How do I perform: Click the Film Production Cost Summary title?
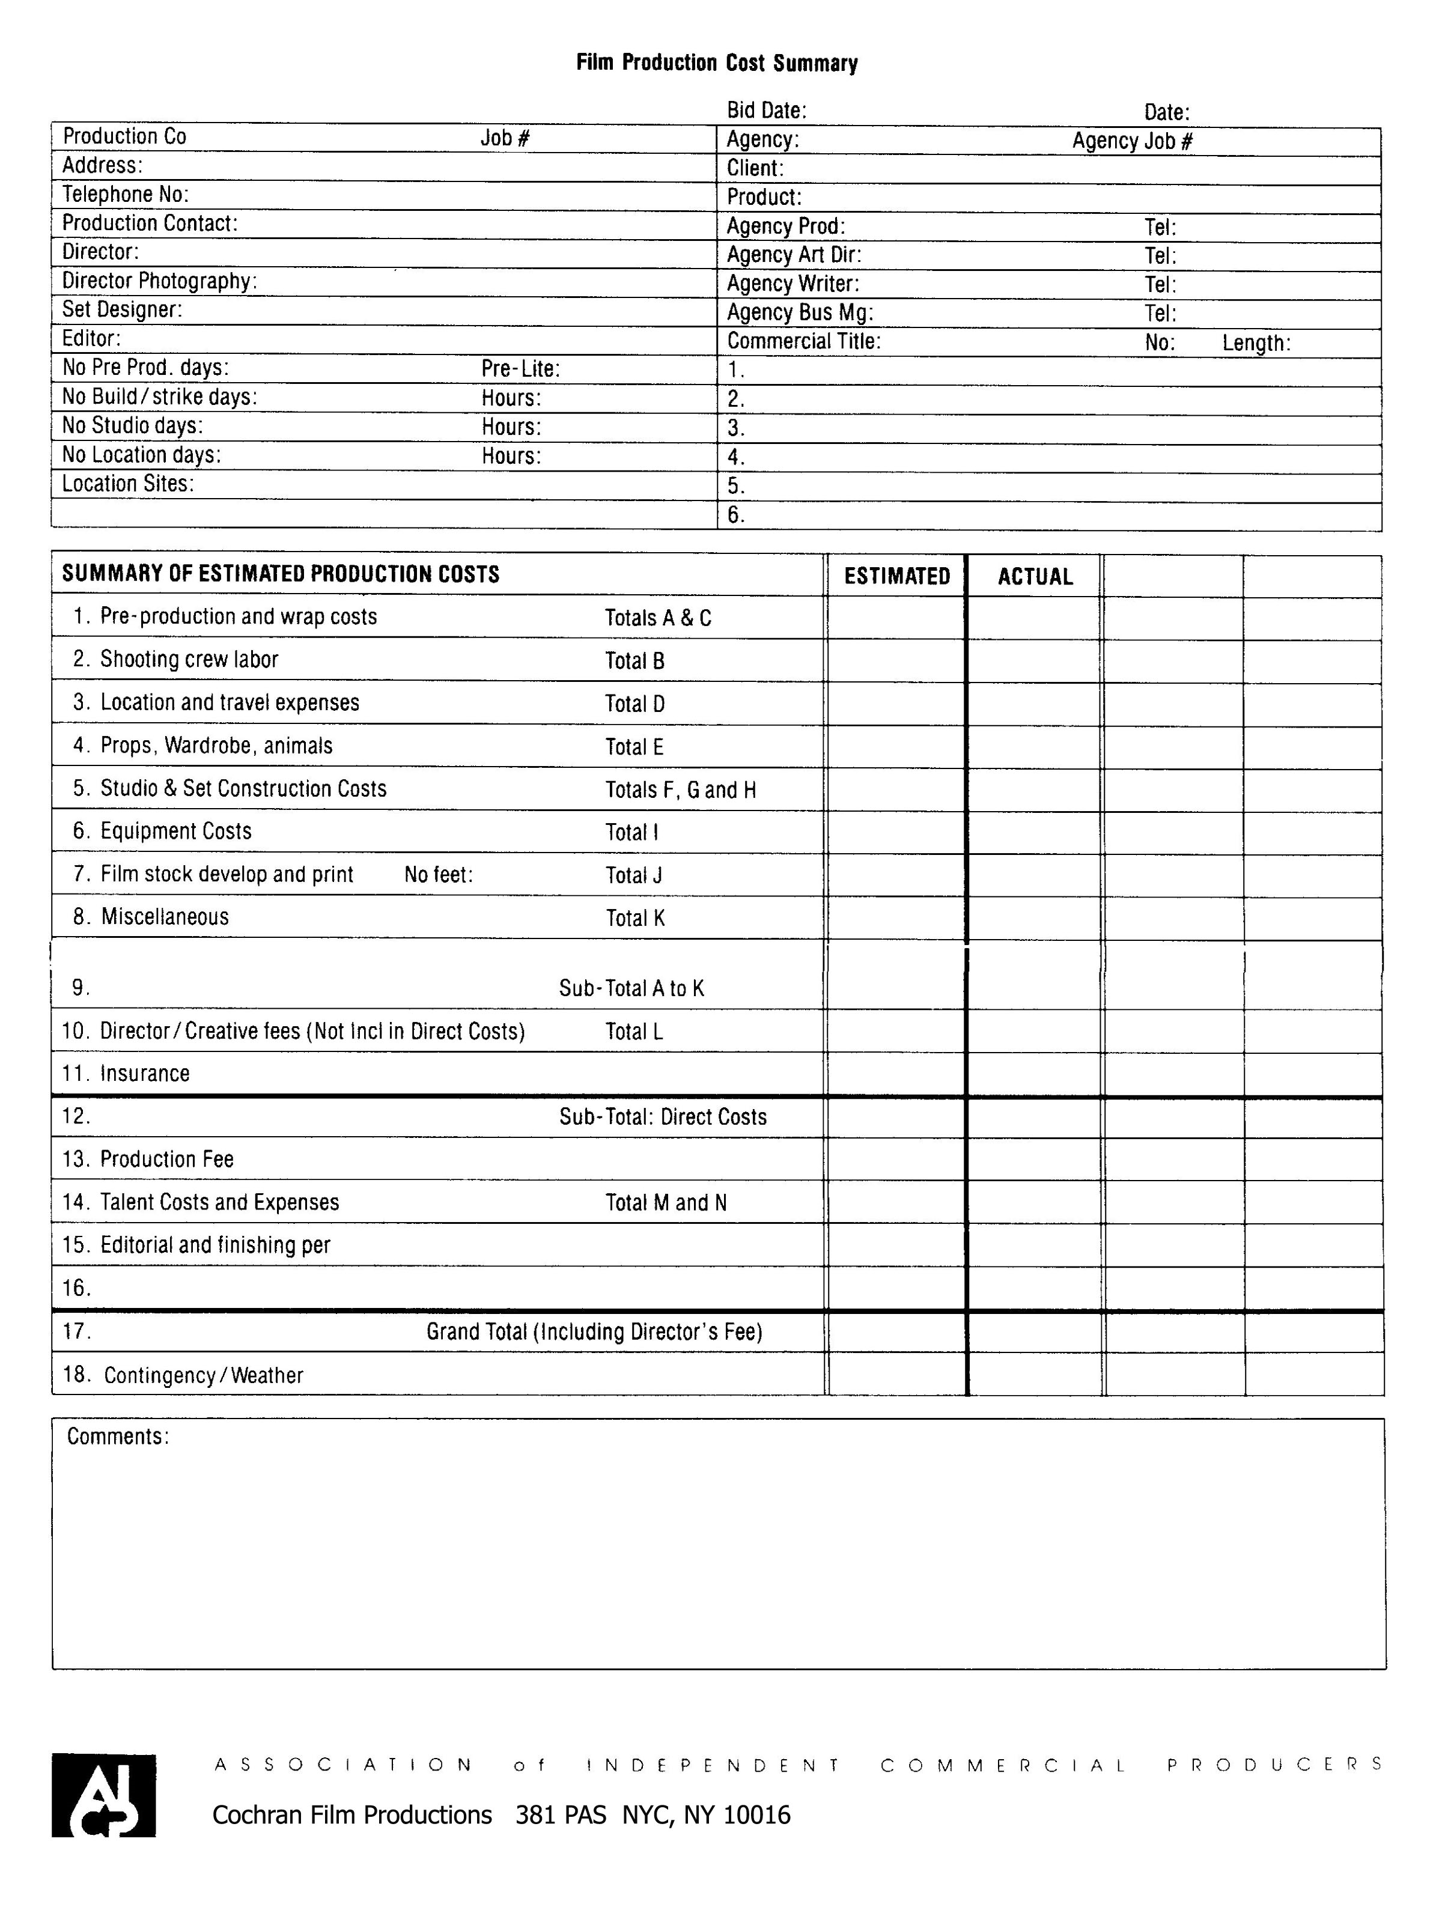[717, 63]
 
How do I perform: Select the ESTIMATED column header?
[896, 577]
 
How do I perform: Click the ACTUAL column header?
[1035, 577]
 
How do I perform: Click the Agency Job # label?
[1132, 141]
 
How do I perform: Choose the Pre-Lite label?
[520, 369]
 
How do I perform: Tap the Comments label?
[117, 1437]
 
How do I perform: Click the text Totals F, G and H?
[680, 789]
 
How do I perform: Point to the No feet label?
[438, 874]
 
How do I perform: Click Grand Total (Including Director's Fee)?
[594, 1331]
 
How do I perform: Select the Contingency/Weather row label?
[203, 1375]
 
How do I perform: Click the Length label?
[1256, 342]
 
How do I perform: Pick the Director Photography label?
[159, 281]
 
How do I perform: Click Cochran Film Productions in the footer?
[351, 1815]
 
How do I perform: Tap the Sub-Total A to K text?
[631, 988]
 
